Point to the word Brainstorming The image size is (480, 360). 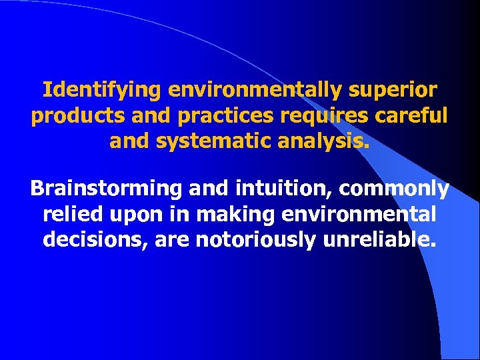pyautogui.click(x=106, y=189)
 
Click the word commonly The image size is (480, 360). pyautogui.click(x=394, y=189)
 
